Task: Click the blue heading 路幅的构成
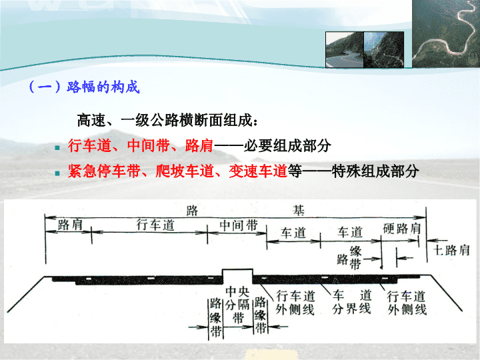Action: (103, 87)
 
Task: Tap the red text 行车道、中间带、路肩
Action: (141, 145)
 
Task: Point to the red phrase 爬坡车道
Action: (185, 171)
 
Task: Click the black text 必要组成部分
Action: (287, 145)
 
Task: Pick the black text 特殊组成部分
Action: (375, 171)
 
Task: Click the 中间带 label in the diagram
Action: (239, 225)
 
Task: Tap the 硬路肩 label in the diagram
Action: (402, 229)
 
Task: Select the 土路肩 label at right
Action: (451, 250)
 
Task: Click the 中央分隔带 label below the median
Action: (238, 305)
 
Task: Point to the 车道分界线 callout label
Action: (352, 302)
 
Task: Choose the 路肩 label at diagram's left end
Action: (70, 225)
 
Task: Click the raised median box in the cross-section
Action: (237, 276)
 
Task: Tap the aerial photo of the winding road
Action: (446, 34)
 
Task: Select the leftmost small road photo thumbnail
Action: (345, 49)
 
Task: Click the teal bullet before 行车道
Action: (57, 148)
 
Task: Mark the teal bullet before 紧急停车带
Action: (57, 173)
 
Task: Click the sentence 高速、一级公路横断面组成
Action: (167, 120)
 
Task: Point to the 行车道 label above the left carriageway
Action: (155, 225)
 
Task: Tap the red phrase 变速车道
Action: (258, 171)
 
